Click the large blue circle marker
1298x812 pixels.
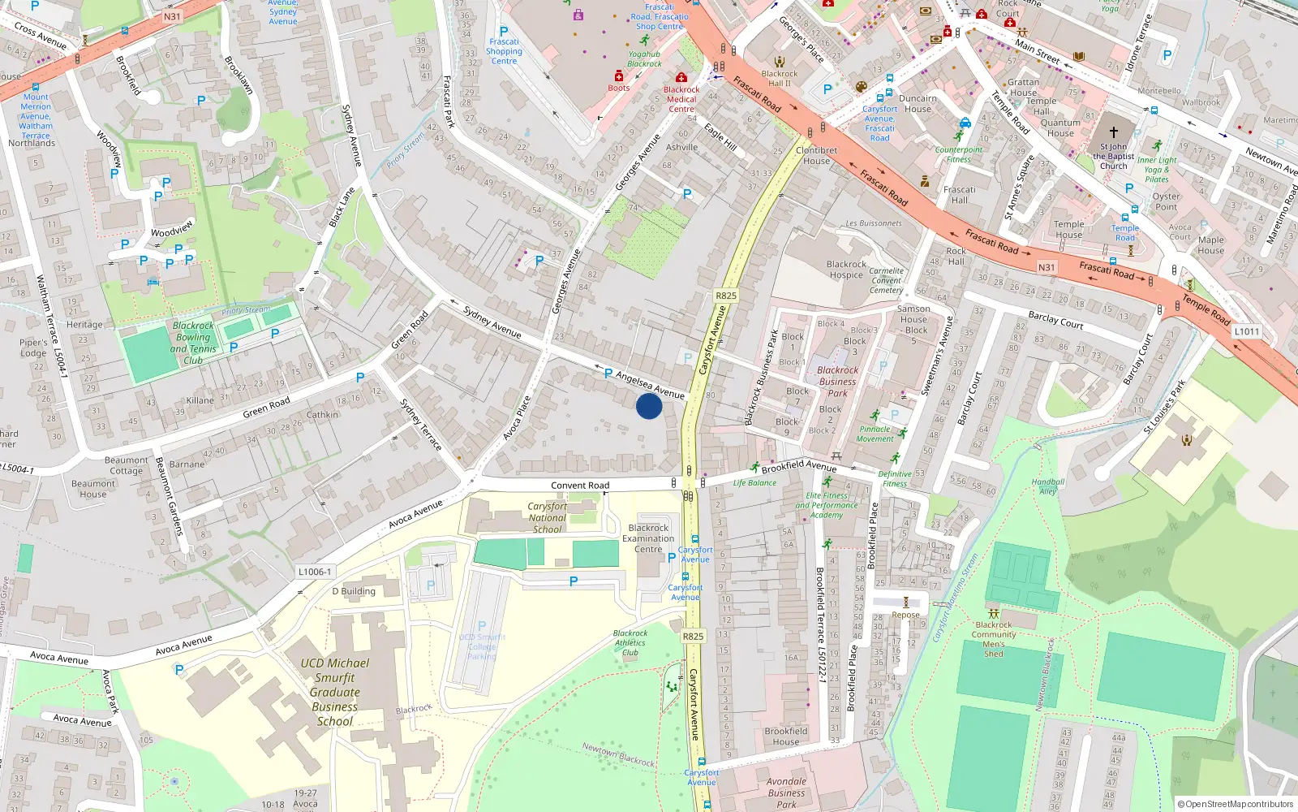pos(649,406)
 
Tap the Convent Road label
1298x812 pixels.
pos(580,486)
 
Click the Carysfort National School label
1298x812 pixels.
pos(548,517)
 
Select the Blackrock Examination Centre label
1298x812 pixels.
pos(648,538)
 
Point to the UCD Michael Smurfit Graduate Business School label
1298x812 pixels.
pos(335,692)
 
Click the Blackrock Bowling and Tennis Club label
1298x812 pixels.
pos(194,343)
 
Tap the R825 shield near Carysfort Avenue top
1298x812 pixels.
pos(726,296)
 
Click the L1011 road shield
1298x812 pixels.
pos(1247,331)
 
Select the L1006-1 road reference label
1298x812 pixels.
pos(315,572)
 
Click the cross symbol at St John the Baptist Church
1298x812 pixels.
pos(1114,132)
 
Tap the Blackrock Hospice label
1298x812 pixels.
pos(846,270)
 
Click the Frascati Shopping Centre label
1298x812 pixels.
pos(504,51)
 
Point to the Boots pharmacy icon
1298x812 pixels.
pos(619,77)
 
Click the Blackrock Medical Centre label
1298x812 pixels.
pos(681,99)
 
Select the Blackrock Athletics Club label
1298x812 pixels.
pos(630,642)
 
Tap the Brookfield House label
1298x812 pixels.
pos(785,736)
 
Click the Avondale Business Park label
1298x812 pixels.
pos(786,793)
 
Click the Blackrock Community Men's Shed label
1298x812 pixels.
pos(994,639)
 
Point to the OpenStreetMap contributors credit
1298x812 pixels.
pos(1239,804)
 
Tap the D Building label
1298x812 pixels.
pos(354,591)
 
